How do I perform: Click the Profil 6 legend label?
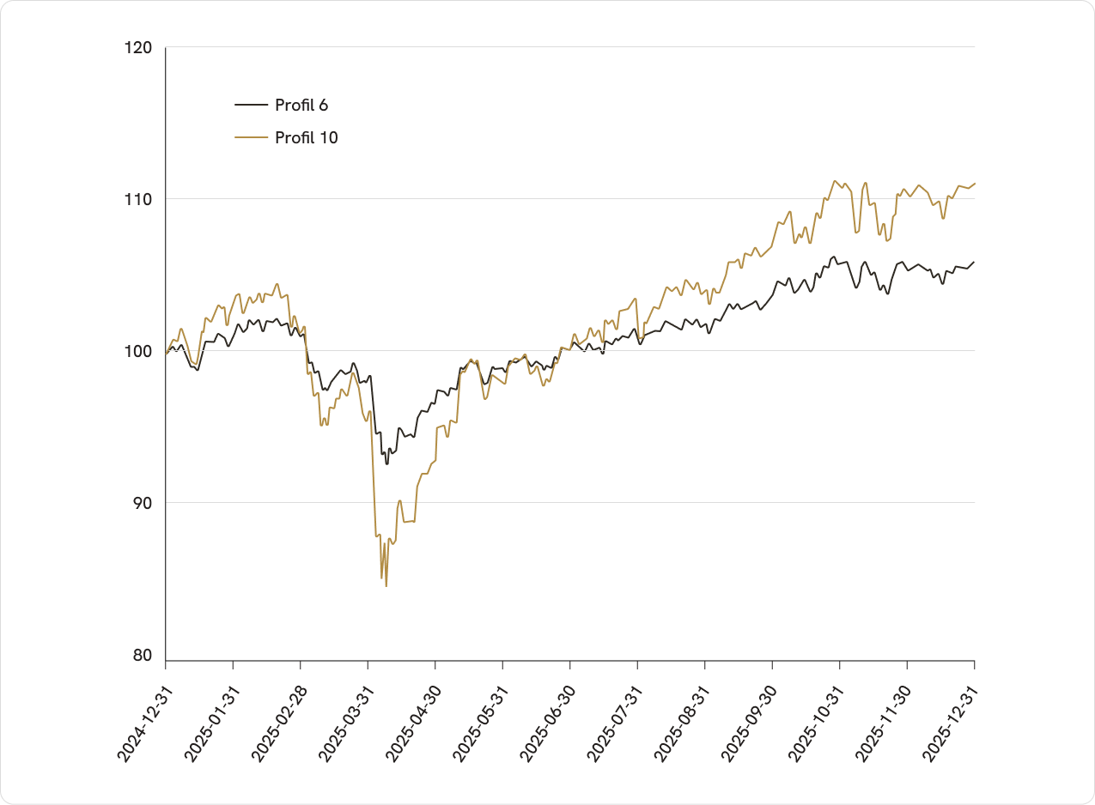(x=301, y=105)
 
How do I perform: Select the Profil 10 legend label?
(x=307, y=138)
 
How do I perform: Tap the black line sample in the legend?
(x=252, y=105)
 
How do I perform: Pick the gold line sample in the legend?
(x=252, y=137)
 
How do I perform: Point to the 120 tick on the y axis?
(x=138, y=48)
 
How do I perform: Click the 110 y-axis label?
(x=138, y=199)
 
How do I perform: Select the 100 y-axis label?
(x=138, y=351)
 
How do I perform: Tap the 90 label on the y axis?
(x=143, y=503)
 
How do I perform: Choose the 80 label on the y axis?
(x=143, y=655)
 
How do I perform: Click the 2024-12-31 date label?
(x=144, y=724)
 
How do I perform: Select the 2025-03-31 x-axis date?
(x=347, y=724)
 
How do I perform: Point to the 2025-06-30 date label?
(x=548, y=724)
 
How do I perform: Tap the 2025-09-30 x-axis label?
(x=750, y=724)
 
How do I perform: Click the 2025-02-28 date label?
(x=279, y=724)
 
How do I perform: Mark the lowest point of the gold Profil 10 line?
(x=386, y=585)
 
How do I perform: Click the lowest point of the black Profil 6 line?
(x=387, y=463)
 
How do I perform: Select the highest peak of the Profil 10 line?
(x=835, y=181)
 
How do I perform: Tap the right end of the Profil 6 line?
(x=974, y=262)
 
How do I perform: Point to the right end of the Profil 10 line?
(x=975, y=183)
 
